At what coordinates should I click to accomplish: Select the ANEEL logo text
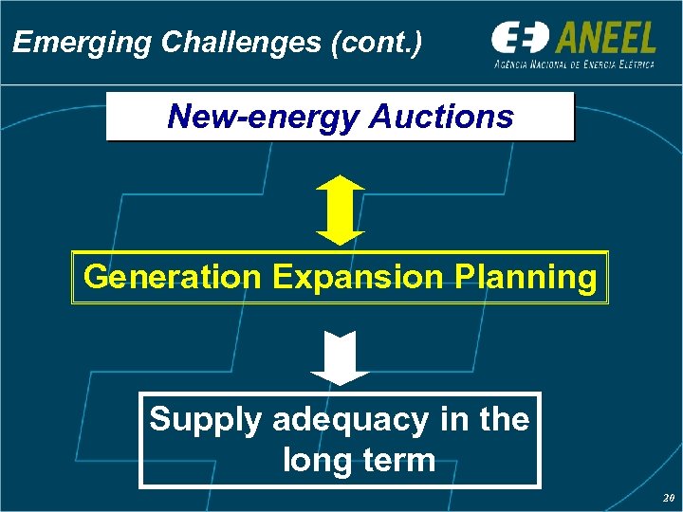pyautogui.click(x=604, y=38)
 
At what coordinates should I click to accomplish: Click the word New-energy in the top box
pyautogui.click(x=262, y=117)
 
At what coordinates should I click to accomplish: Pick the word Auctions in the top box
pyautogui.click(x=440, y=117)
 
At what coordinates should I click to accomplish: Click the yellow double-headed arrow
pyautogui.click(x=340, y=210)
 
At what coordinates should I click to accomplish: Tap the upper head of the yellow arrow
pyautogui.click(x=340, y=184)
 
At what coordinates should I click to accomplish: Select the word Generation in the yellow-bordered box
pyautogui.click(x=172, y=277)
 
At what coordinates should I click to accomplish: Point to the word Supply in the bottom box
pyautogui.click(x=205, y=419)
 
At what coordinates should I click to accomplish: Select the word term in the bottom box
pyautogui.click(x=397, y=461)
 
